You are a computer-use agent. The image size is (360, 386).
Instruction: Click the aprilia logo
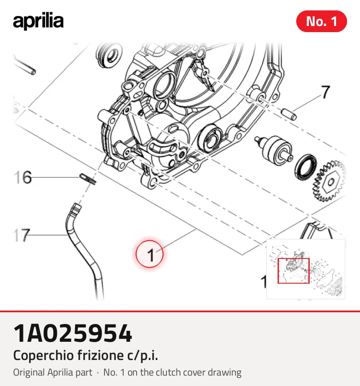coord(38,21)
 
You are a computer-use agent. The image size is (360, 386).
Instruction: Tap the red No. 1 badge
coord(321,21)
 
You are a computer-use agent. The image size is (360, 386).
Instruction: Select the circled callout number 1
coord(150,254)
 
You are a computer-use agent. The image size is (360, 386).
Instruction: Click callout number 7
coord(326,92)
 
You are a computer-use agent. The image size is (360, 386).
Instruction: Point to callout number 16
coord(23,177)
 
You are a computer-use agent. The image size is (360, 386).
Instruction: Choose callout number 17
coord(22,236)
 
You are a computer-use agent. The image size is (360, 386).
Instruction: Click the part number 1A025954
coord(72,334)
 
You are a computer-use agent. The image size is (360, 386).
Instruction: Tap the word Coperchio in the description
coord(43,356)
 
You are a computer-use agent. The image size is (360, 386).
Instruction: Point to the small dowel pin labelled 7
coord(289,114)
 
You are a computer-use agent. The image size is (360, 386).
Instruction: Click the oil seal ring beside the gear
coord(306,167)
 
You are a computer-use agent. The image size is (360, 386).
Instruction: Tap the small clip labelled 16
coord(88,179)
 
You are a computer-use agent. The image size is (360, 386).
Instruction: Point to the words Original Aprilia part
coord(52,373)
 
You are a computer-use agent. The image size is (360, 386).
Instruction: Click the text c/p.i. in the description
coord(143,356)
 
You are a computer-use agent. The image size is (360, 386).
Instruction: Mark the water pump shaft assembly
coord(273,148)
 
